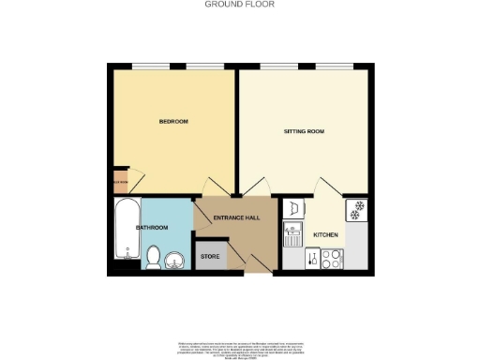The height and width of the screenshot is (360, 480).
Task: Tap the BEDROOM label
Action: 173,122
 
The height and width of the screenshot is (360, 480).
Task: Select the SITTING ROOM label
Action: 304,132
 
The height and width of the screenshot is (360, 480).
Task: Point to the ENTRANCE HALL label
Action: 236,218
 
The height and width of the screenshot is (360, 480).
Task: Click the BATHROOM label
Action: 152,228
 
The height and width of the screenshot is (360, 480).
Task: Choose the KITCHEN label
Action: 325,234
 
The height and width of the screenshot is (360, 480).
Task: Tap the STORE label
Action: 211,256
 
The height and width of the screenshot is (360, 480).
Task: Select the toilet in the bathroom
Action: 154,256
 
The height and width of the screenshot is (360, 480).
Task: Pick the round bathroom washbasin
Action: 175,260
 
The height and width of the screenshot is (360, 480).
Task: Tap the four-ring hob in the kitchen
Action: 332,259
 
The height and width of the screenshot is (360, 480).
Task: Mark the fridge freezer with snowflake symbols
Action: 356,210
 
